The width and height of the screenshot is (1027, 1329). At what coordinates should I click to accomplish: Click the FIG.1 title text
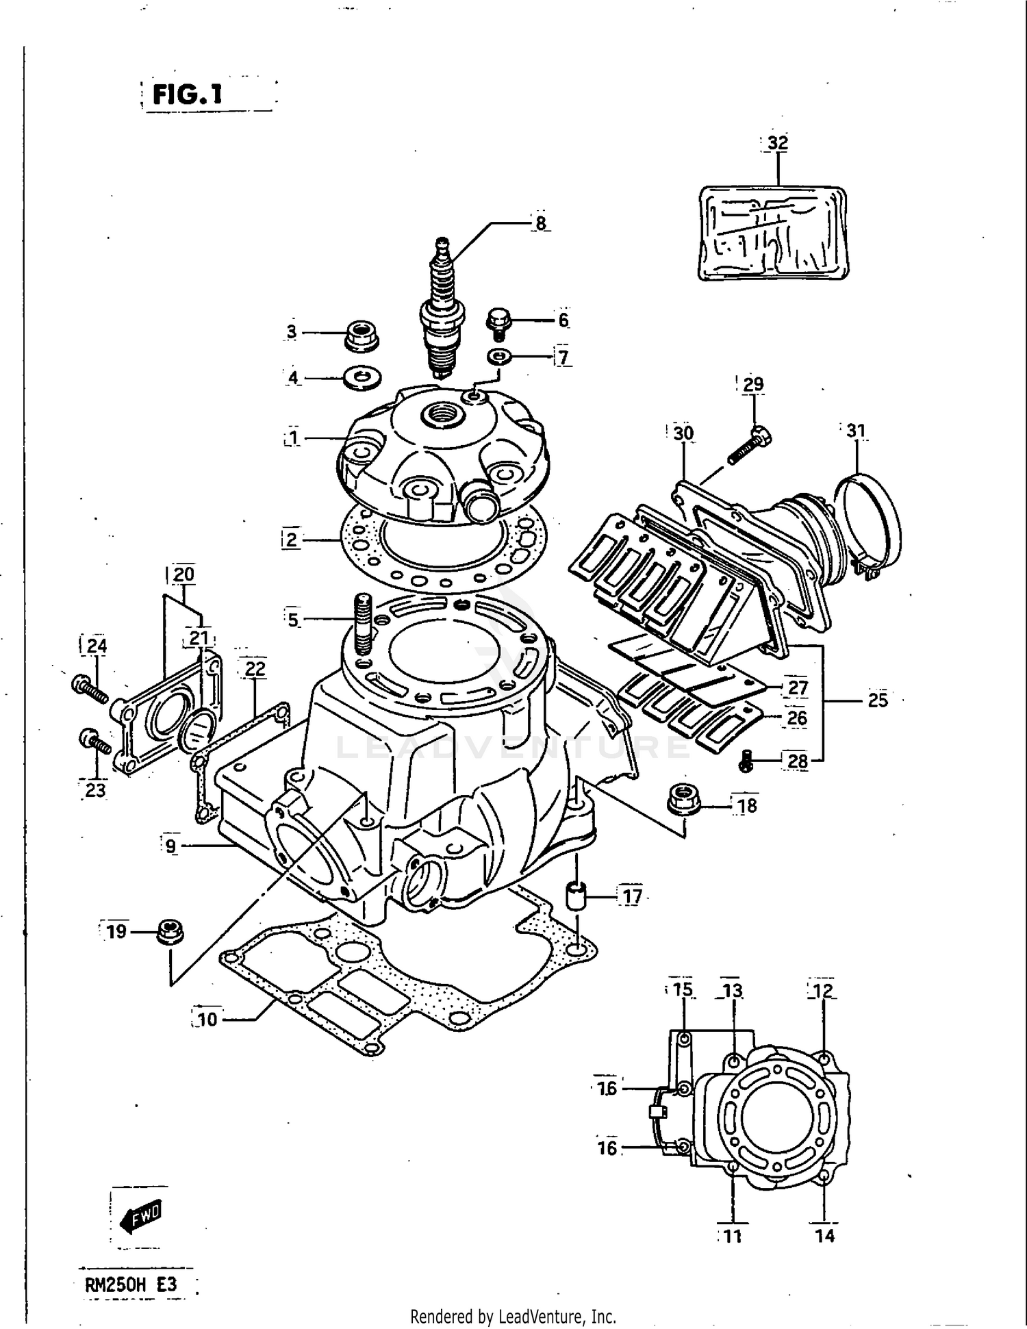(x=188, y=94)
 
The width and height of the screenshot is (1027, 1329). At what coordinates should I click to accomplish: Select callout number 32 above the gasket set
(x=778, y=143)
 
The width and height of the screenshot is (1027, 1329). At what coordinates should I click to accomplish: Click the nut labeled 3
(x=361, y=335)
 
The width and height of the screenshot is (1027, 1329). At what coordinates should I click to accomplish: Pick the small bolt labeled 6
(x=499, y=322)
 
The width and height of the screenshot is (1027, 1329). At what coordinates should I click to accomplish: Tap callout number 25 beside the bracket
(x=877, y=700)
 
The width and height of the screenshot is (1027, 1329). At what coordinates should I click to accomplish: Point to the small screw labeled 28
(x=748, y=762)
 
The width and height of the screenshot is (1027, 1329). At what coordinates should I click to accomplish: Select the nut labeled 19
(x=169, y=932)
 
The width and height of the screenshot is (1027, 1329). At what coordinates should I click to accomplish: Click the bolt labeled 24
(x=89, y=687)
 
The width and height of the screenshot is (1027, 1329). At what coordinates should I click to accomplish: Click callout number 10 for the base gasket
(x=207, y=1020)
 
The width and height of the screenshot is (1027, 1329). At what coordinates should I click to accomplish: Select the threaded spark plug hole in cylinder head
(x=437, y=414)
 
